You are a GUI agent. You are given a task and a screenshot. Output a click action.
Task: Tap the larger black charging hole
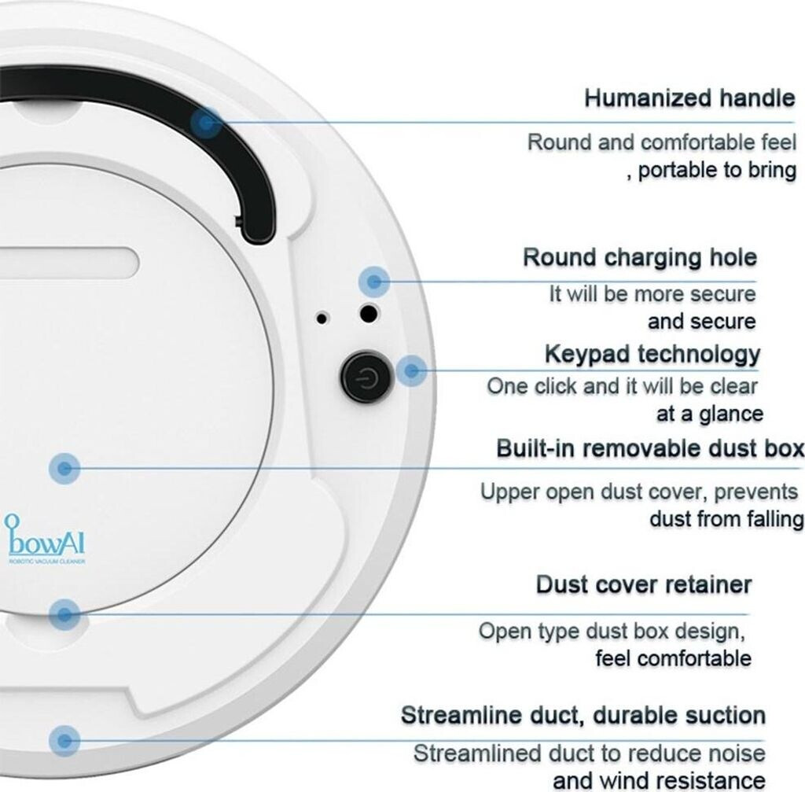click(366, 313)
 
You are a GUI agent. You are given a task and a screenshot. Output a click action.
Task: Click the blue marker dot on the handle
click(206, 122)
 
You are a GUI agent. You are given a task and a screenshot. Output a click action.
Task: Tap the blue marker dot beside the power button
click(410, 370)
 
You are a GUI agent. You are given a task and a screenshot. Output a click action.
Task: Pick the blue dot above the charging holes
click(375, 281)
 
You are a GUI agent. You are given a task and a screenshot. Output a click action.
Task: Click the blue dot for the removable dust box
click(64, 469)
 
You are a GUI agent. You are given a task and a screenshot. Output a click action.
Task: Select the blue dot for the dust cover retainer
click(64, 613)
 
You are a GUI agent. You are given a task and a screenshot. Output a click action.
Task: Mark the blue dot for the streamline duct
click(64, 740)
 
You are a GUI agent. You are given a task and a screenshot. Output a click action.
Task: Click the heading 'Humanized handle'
click(689, 99)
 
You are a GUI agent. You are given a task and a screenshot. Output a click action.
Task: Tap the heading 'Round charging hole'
click(639, 257)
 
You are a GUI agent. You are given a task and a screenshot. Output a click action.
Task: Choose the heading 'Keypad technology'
click(652, 354)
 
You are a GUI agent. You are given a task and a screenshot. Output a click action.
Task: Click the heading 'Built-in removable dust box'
click(649, 449)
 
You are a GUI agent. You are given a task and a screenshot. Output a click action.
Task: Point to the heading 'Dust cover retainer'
click(643, 585)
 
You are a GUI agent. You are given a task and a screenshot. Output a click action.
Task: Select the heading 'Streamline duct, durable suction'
click(583, 716)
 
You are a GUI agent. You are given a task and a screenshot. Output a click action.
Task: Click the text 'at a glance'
click(710, 414)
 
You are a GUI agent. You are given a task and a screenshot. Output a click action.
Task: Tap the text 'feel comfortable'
click(673, 658)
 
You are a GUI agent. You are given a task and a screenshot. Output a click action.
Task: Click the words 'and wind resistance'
click(659, 780)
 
